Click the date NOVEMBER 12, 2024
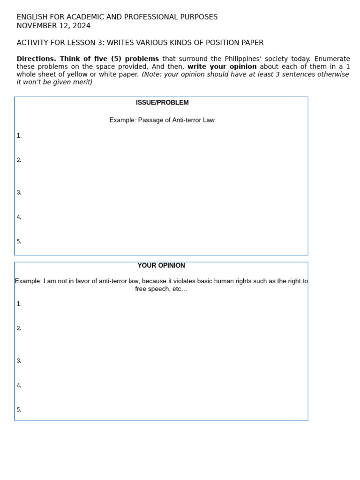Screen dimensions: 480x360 coord(53,26)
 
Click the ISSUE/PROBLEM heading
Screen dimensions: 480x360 coord(162,103)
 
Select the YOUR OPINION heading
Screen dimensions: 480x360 coord(161,265)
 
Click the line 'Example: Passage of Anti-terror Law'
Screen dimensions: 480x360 coord(162,120)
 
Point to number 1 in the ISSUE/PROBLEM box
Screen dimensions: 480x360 coord(19,136)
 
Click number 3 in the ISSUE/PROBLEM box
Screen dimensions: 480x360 coord(19,193)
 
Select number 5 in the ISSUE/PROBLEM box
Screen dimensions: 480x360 coord(19,242)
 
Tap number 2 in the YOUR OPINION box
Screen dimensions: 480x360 coord(19,329)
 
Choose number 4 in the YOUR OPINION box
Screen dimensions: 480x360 coord(19,386)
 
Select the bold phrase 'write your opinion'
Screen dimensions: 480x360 coord(222,67)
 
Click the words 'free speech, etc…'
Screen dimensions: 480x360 coord(161,289)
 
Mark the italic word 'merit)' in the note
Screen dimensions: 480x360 coord(82,82)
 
